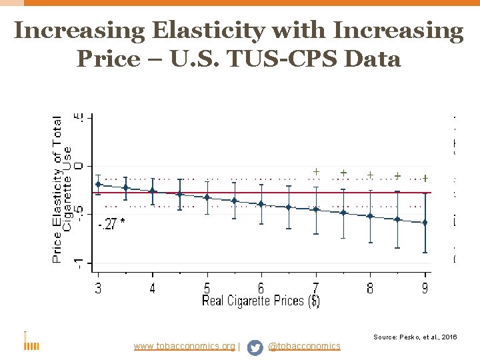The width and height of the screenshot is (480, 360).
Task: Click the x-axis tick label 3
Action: (x=98, y=288)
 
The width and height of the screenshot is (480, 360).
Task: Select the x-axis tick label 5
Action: (x=207, y=288)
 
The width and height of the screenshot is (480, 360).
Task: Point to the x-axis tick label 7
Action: (x=316, y=288)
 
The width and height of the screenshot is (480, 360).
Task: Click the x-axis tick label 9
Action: (x=425, y=288)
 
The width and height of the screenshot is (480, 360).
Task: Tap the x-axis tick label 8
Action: (x=370, y=288)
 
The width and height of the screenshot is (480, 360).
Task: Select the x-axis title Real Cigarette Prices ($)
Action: (x=261, y=301)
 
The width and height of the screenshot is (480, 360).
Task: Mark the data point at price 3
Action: (x=98, y=184)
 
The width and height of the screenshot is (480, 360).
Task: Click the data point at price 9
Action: (x=425, y=222)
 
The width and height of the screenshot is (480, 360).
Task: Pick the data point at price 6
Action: (x=261, y=204)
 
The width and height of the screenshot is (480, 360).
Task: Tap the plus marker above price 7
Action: (x=316, y=172)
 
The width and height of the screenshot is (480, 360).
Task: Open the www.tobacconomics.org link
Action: (x=184, y=346)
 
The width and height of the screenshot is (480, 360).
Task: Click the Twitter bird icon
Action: (x=255, y=347)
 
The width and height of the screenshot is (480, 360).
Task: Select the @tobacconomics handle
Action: (x=304, y=346)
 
